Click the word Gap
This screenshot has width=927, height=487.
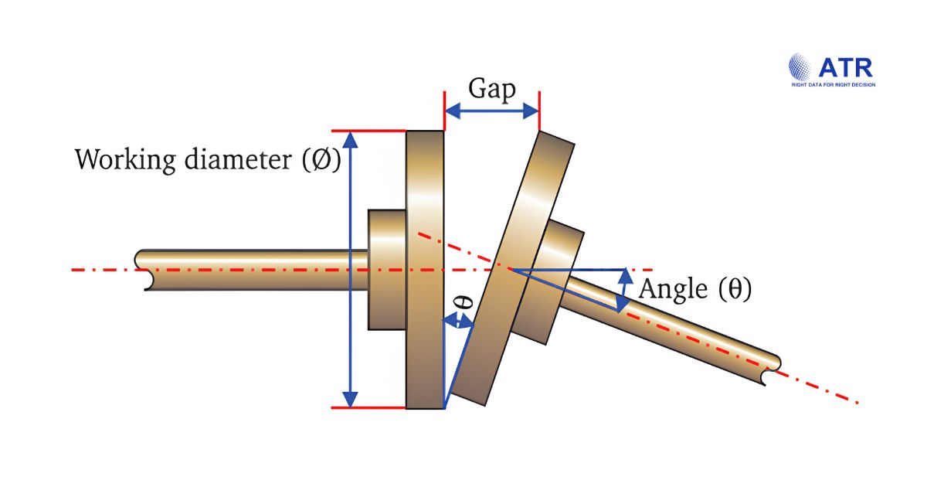(492, 89)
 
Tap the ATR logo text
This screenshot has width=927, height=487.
(845, 68)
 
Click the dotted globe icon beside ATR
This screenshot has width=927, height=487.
(800, 66)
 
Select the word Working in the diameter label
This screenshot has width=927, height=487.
(125, 160)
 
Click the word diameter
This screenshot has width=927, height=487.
(238, 159)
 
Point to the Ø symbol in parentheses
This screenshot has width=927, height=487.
(321, 159)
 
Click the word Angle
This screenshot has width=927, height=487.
(673, 289)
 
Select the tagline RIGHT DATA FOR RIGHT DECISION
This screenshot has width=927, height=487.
(834, 85)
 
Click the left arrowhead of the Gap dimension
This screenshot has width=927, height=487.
(453, 111)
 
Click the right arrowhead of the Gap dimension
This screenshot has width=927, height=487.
(531, 111)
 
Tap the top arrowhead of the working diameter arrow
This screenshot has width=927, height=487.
(351, 140)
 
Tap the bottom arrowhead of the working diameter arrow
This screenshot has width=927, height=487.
(351, 399)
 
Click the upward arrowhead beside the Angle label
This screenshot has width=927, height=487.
(625, 276)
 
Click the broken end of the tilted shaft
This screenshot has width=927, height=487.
(772, 370)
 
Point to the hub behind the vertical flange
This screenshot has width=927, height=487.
(387, 270)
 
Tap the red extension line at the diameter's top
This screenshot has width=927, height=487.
(368, 131)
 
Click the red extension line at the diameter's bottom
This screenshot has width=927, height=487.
(368, 408)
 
